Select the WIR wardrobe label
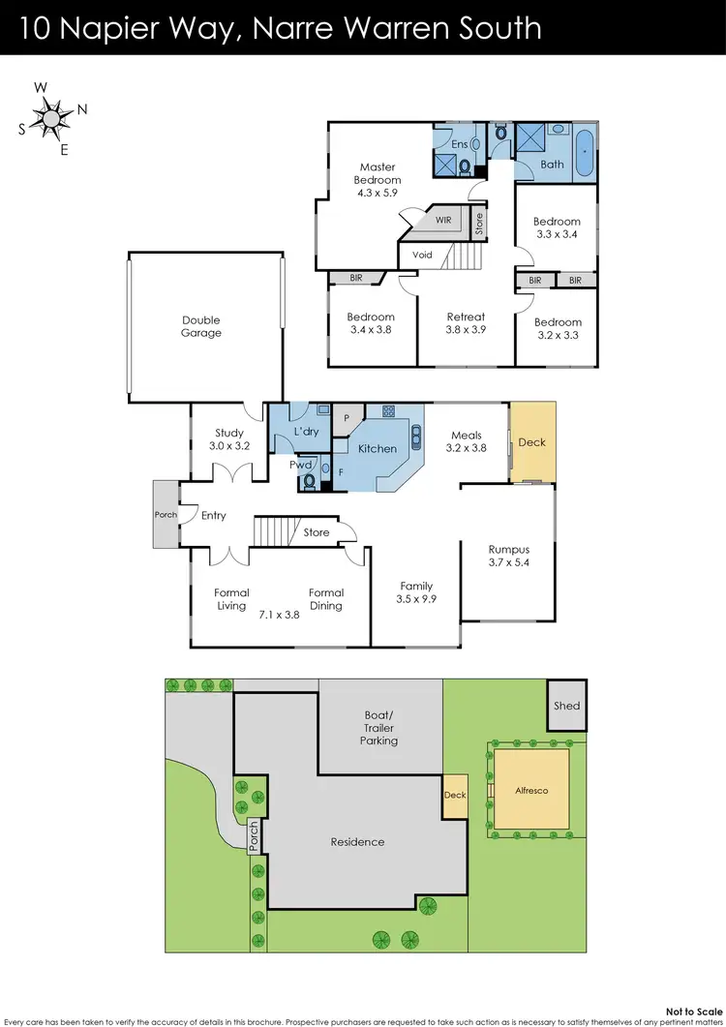443,221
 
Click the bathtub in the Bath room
584,152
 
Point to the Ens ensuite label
460,144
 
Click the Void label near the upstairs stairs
422,255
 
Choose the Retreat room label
466,322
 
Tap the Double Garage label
201,326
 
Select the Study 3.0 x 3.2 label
229,439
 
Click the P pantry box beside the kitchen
347,417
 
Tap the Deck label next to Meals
532,442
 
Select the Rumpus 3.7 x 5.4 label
508,556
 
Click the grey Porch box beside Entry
166,514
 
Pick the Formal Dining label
326,599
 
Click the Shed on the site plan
567,705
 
